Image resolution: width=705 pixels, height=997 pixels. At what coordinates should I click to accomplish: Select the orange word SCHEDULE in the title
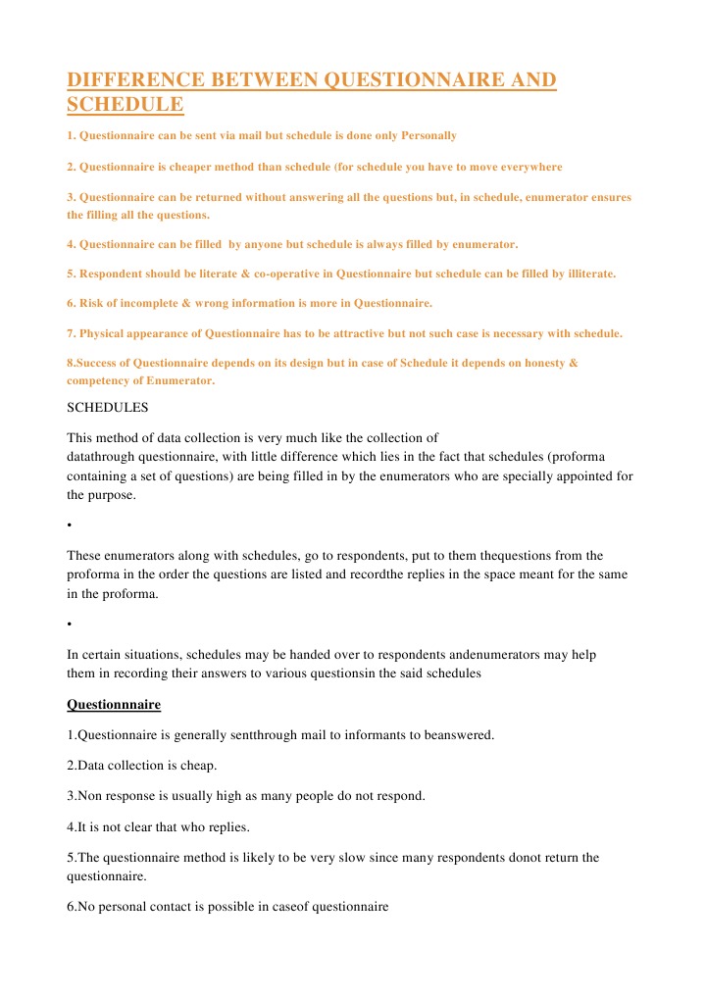[126, 104]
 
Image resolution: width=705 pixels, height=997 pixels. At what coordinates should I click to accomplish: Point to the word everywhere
[529, 167]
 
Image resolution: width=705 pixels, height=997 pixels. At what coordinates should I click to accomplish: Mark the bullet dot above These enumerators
[70, 525]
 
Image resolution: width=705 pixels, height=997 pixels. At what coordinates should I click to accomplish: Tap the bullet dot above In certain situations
[70, 623]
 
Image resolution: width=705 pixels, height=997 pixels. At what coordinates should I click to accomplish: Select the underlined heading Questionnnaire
[114, 704]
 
